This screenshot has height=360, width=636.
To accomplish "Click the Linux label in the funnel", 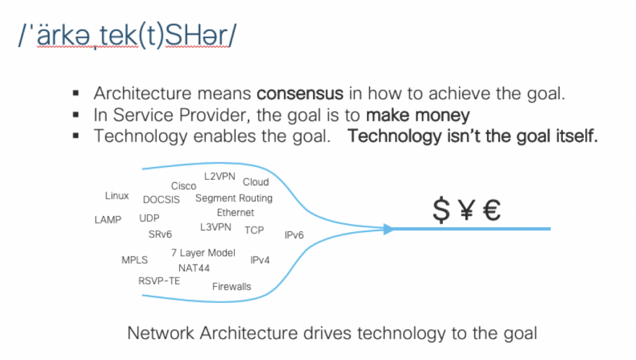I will (x=117, y=196).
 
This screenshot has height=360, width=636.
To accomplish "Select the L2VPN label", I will (x=219, y=177).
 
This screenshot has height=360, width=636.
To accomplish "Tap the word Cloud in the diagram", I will (x=255, y=182).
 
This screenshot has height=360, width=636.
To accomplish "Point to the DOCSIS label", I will (x=161, y=200).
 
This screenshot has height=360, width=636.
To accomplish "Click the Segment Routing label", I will (x=234, y=198).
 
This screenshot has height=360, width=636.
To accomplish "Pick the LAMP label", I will (x=108, y=220).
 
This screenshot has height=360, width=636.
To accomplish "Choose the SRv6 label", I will (x=160, y=235).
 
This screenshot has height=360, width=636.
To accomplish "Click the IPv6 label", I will (x=294, y=235).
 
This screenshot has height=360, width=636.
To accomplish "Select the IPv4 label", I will (x=260, y=260).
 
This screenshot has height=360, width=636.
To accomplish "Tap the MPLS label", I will (x=134, y=259).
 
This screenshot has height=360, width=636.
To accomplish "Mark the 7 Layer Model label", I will (x=203, y=253).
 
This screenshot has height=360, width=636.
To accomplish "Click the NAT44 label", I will (x=194, y=268).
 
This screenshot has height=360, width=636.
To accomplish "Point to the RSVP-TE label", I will (x=159, y=281).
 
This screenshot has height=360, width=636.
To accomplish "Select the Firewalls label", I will (x=232, y=287).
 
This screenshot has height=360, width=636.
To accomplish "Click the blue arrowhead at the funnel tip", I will (x=389, y=229).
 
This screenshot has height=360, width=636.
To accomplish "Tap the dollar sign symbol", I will (x=441, y=211).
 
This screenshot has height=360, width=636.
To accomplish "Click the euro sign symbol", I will (x=491, y=211).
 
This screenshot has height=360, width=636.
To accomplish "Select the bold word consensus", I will (x=300, y=94).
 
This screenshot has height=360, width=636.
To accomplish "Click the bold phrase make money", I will (x=417, y=115).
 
